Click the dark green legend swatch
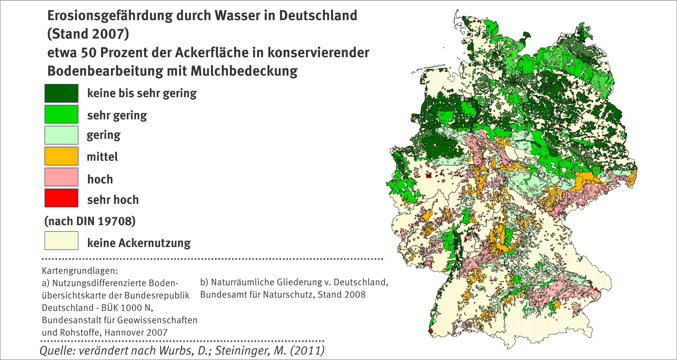click(x=61, y=93)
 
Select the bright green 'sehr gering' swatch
click(x=61, y=114)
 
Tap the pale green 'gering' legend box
click(x=61, y=135)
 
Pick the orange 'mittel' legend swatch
click(x=61, y=156)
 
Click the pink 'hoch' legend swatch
click(x=61, y=177)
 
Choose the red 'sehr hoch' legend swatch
click(x=61, y=198)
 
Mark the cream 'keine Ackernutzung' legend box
click(x=61, y=241)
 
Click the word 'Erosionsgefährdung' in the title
click(x=110, y=16)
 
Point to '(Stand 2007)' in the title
click(x=88, y=34)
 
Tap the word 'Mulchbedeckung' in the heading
click(x=244, y=71)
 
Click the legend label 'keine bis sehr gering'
click(x=142, y=93)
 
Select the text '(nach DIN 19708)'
click(x=90, y=221)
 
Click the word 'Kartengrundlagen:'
click(x=80, y=271)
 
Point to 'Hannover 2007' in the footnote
click(x=136, y=333)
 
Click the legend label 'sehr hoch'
click(x=113, y=200)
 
